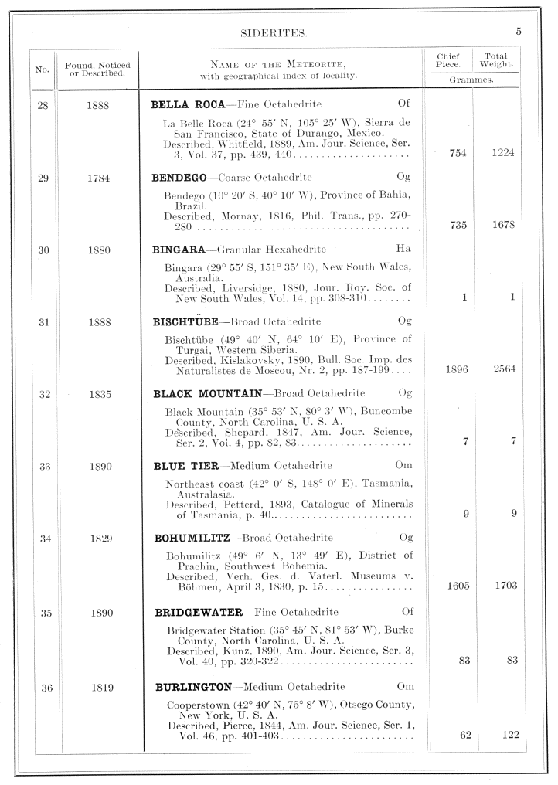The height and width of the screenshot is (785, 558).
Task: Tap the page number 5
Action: pyautogui.click(x=519, y=32)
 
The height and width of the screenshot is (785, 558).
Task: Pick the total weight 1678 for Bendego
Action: pyautogui.click(x=503, y=225)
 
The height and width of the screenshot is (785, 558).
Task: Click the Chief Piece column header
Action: pyautogui.click(x=448, y=60)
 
